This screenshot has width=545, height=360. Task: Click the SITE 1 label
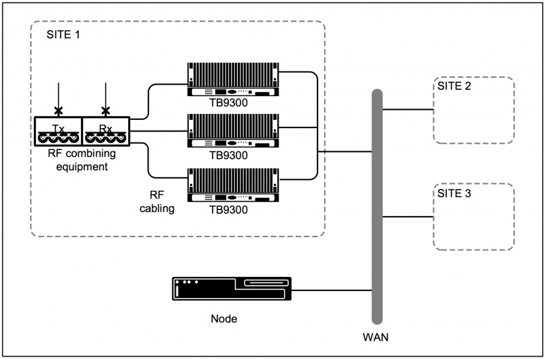(x=63, y=35)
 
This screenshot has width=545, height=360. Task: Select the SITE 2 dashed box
(x=473, y=110)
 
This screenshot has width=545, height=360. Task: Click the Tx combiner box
(x=58, y=131)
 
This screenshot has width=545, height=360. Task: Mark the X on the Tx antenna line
(x=59, y=110)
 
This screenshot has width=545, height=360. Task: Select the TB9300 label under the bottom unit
(x=228, y=210)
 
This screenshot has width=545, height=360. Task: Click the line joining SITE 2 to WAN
(x=407, y=110)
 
